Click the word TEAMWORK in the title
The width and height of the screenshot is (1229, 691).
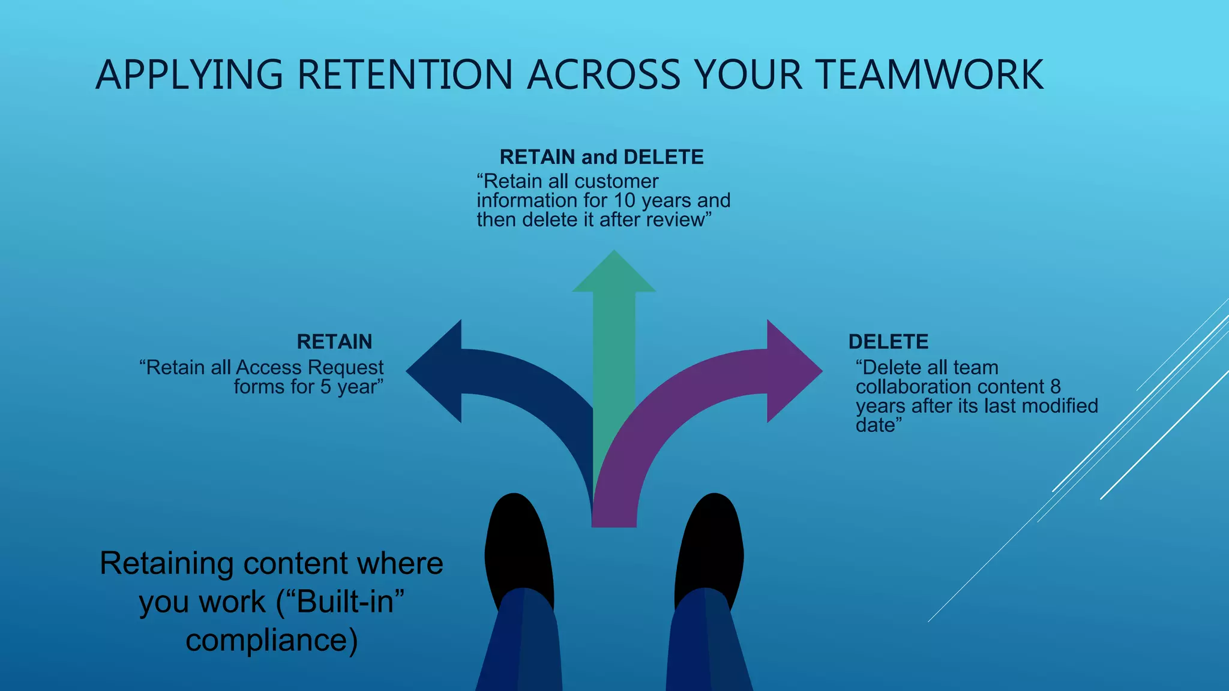click(930, 75)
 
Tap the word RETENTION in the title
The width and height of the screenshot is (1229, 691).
click(405, 75)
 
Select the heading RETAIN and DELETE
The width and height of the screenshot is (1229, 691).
click(601, 157)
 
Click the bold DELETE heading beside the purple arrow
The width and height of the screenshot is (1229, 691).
click(888, 342)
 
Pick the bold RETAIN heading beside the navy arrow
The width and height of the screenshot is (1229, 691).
click(334, 342)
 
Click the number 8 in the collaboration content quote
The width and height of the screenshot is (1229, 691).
click(1055, 387)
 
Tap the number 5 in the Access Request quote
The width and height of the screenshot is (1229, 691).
click(325, 387)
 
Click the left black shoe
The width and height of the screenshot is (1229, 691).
click(517, 546)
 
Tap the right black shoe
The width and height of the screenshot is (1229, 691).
click(711, 546)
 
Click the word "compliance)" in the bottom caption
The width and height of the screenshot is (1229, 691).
click(271, 640)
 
